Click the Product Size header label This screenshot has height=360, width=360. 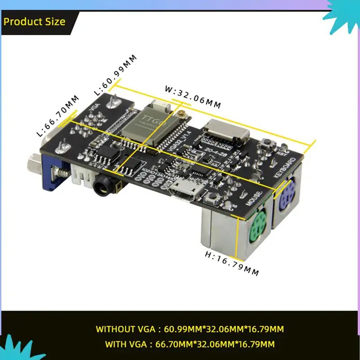coord(35,22)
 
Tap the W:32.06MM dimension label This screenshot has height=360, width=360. coord(193,97)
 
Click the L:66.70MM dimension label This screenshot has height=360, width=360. coord(58,116)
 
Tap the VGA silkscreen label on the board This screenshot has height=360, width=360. coord(94,107)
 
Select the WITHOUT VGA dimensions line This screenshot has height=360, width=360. coord(189,329)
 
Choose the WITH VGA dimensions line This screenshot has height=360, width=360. coord(189,345)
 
